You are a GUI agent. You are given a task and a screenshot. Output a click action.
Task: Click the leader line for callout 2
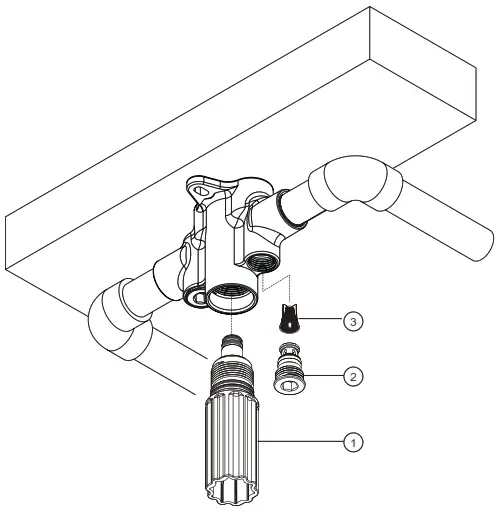pyautogui.click(x=321, y=377)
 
